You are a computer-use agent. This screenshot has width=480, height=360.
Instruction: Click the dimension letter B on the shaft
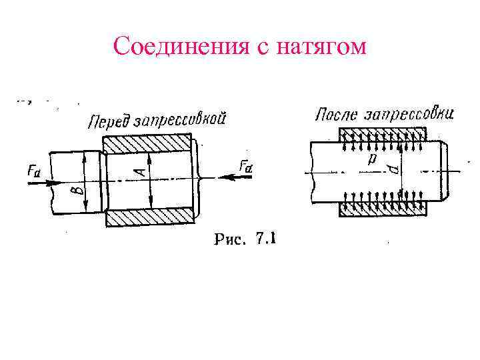click(79, 189)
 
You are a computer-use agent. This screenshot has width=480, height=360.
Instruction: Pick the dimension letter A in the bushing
click(139, 172)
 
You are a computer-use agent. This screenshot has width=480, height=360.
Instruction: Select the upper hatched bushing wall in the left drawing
click(148, 145)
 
